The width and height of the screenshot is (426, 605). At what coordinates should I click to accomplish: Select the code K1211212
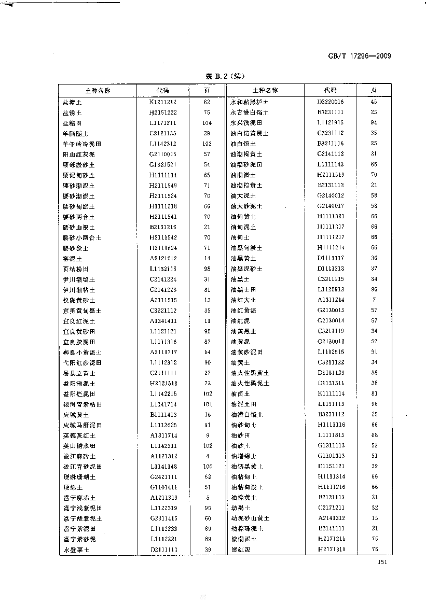[163, 102]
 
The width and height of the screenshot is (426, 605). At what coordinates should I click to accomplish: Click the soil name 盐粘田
[72, 123]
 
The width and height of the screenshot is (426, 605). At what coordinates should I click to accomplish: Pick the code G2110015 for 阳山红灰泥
[163, 154]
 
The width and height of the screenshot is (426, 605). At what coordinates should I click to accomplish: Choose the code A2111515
[163, 300]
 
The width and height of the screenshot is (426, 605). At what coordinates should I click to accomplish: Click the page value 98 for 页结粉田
[207, 269]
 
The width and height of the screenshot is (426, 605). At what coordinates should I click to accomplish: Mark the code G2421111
[163, 477]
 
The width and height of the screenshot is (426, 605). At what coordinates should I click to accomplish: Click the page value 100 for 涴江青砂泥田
[207, 467]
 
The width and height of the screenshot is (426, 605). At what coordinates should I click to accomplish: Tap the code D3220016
[331, 102]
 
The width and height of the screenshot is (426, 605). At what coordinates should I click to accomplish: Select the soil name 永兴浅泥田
[246, 123]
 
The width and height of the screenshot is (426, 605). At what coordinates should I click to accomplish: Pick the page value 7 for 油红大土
[374, 300]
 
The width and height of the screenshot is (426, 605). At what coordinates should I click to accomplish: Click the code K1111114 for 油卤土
[331, 393]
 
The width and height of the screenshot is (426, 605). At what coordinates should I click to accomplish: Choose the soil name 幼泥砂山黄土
[250, 518]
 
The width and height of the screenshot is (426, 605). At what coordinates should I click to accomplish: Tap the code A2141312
[331, 518]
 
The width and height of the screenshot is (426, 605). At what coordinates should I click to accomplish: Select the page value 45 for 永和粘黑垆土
[374, 102]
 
